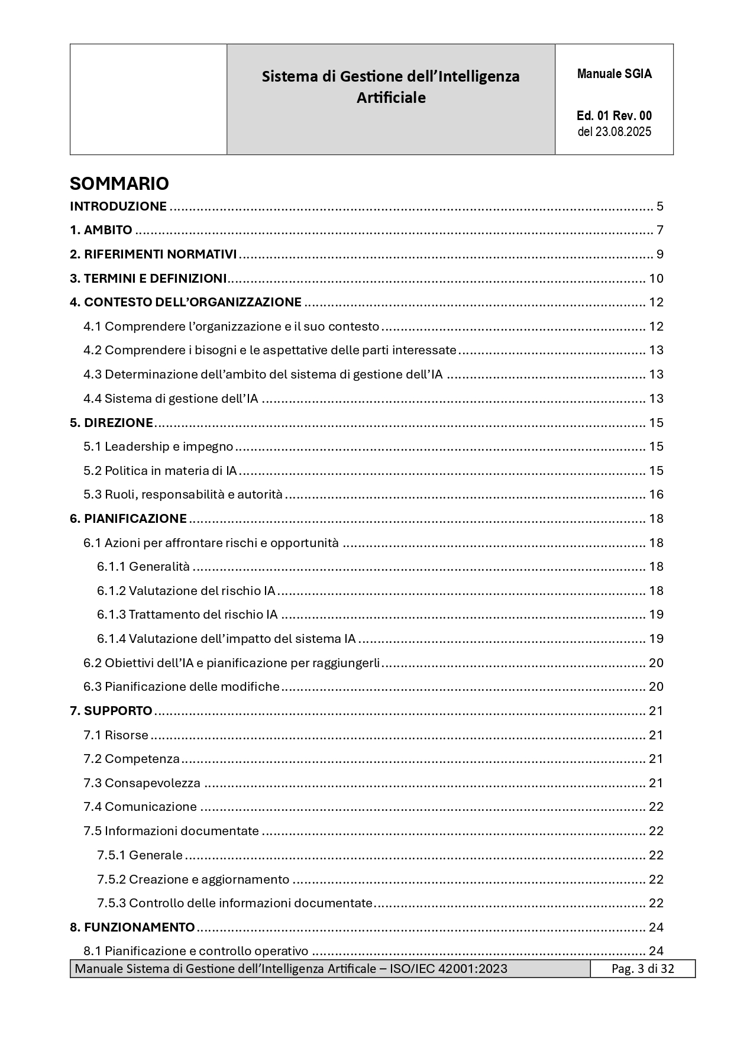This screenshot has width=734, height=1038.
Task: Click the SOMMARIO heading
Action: pyautogui.click(x=119, y=183)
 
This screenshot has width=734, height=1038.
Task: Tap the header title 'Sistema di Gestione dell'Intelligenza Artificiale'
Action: pyautogui.click(x=390, y=86)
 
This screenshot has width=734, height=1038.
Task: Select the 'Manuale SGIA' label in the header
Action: pyautogui.click(x=614, y=74)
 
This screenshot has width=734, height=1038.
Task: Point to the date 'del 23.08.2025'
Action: pyautogui.click(x=614, y=131)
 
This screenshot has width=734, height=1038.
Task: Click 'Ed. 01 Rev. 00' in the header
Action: pyautogui.click(x=614, y=116)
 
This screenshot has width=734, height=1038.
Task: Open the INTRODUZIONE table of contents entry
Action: pyautogui.click(x=118, y=206)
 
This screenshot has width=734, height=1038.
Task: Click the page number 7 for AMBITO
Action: pyautogui.click(x=659, y=230)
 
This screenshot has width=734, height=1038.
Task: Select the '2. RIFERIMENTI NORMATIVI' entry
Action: pyautogui.click(x=153, y=254)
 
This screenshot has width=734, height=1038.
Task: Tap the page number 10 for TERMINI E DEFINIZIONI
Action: pyautogui.click(x=656, y=279)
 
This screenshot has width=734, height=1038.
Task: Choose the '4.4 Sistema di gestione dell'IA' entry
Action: pyautogui.click(x=171, y=399)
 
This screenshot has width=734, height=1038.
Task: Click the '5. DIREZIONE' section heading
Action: pyautogui.click(x=111, y=422)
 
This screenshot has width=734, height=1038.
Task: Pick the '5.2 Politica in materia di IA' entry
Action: pyautogui.click(x=160, y=471)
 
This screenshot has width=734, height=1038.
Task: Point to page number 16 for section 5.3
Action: pyautogui.click(x=656, y=494)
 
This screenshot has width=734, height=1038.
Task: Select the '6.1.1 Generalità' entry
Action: pyautogui.click(x=144, y=567)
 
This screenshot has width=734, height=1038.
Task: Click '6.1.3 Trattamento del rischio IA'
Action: pyautogui.click(x=187, y=615)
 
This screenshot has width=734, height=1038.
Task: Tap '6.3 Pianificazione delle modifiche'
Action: pyautogui.click(x=182, y=687)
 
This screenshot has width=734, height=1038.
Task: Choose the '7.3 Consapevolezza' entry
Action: pyautogui.click(x=142, y=783)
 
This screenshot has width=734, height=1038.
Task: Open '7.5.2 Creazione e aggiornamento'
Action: pyautogui.click(x=193, y=879)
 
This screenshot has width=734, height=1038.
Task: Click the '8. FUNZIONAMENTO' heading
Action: pyautogui.click(x=132, y=927)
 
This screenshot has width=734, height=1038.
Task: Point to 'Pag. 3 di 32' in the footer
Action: pyautogui.click(x=642, y=969)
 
